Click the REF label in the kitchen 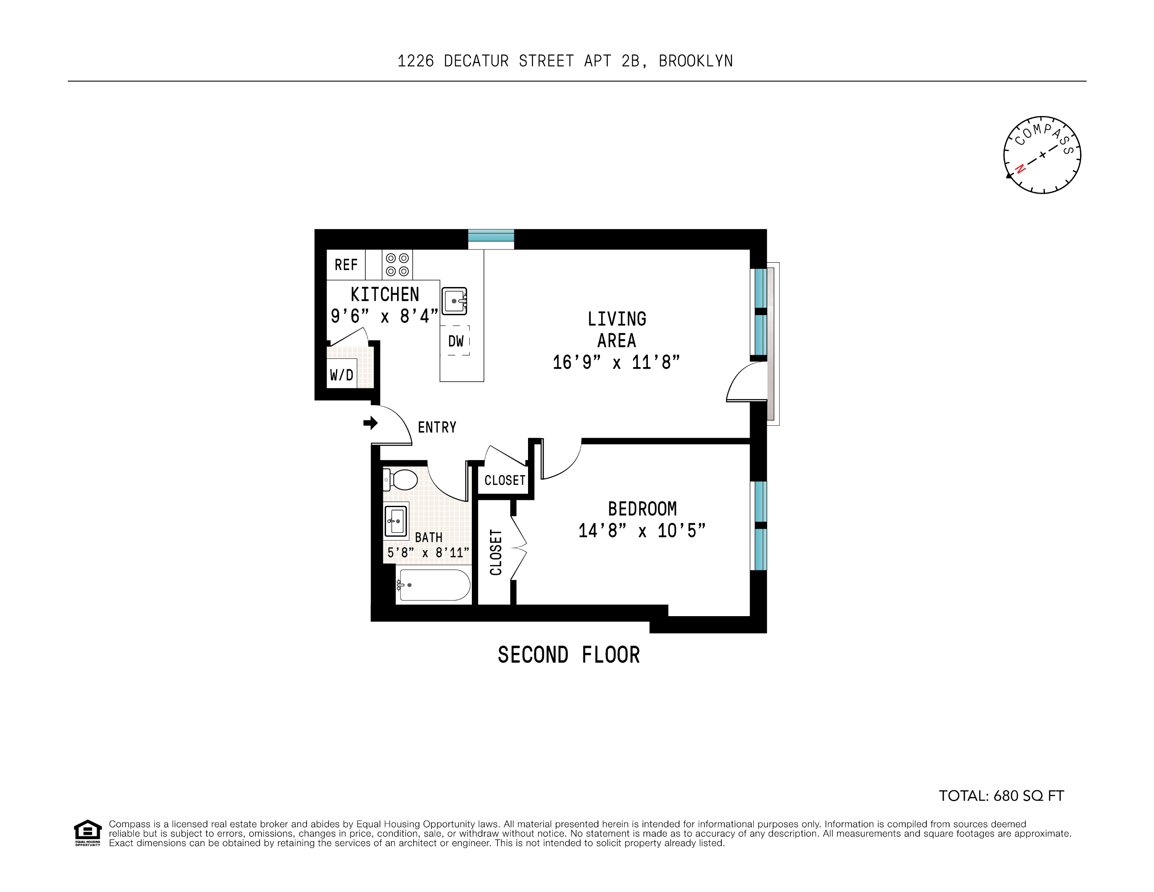coord(346,265)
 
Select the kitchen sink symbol coord(454,301)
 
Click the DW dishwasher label coord(455,341)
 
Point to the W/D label coord(341,375)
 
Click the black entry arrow coord(370,422)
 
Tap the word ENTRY coord(437,427)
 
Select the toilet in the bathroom coord(401,480)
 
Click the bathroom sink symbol coord(396,521)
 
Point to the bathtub coord(434,585)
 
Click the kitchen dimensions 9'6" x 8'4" coord(384,316)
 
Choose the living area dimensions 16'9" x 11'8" coord(616,362)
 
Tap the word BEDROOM coord(642,509)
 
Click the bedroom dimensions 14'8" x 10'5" coord(642,531)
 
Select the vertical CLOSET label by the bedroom coord(496,553)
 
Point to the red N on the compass coord(1020,168)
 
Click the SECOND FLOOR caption coord(569,655)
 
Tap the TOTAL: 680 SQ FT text coord(1001,796)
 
